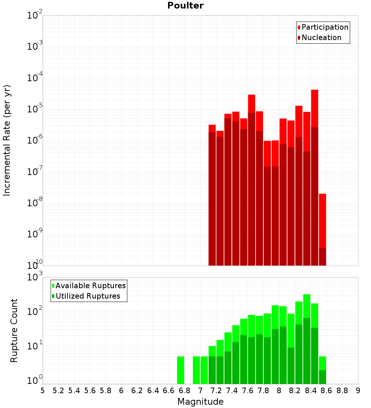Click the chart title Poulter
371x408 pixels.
tap(185, 6)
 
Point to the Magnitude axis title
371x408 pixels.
tap(200, 402)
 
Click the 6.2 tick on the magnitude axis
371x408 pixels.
tap(137, 390)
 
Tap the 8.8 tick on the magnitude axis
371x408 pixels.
tap(342, 390)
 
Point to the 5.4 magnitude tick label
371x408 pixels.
tap(74, 390)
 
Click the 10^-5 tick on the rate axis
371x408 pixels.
tap(35, 109)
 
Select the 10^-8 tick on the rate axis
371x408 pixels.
tap(35, 203)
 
